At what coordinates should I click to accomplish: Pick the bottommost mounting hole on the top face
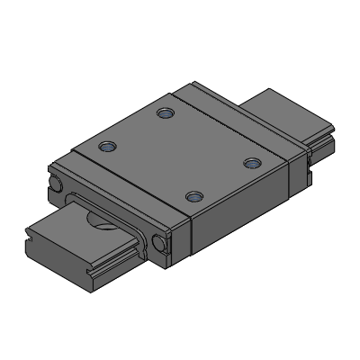coord(192,194)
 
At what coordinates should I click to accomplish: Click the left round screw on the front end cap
coord(57,184)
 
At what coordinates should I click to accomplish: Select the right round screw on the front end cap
coord(161,242)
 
